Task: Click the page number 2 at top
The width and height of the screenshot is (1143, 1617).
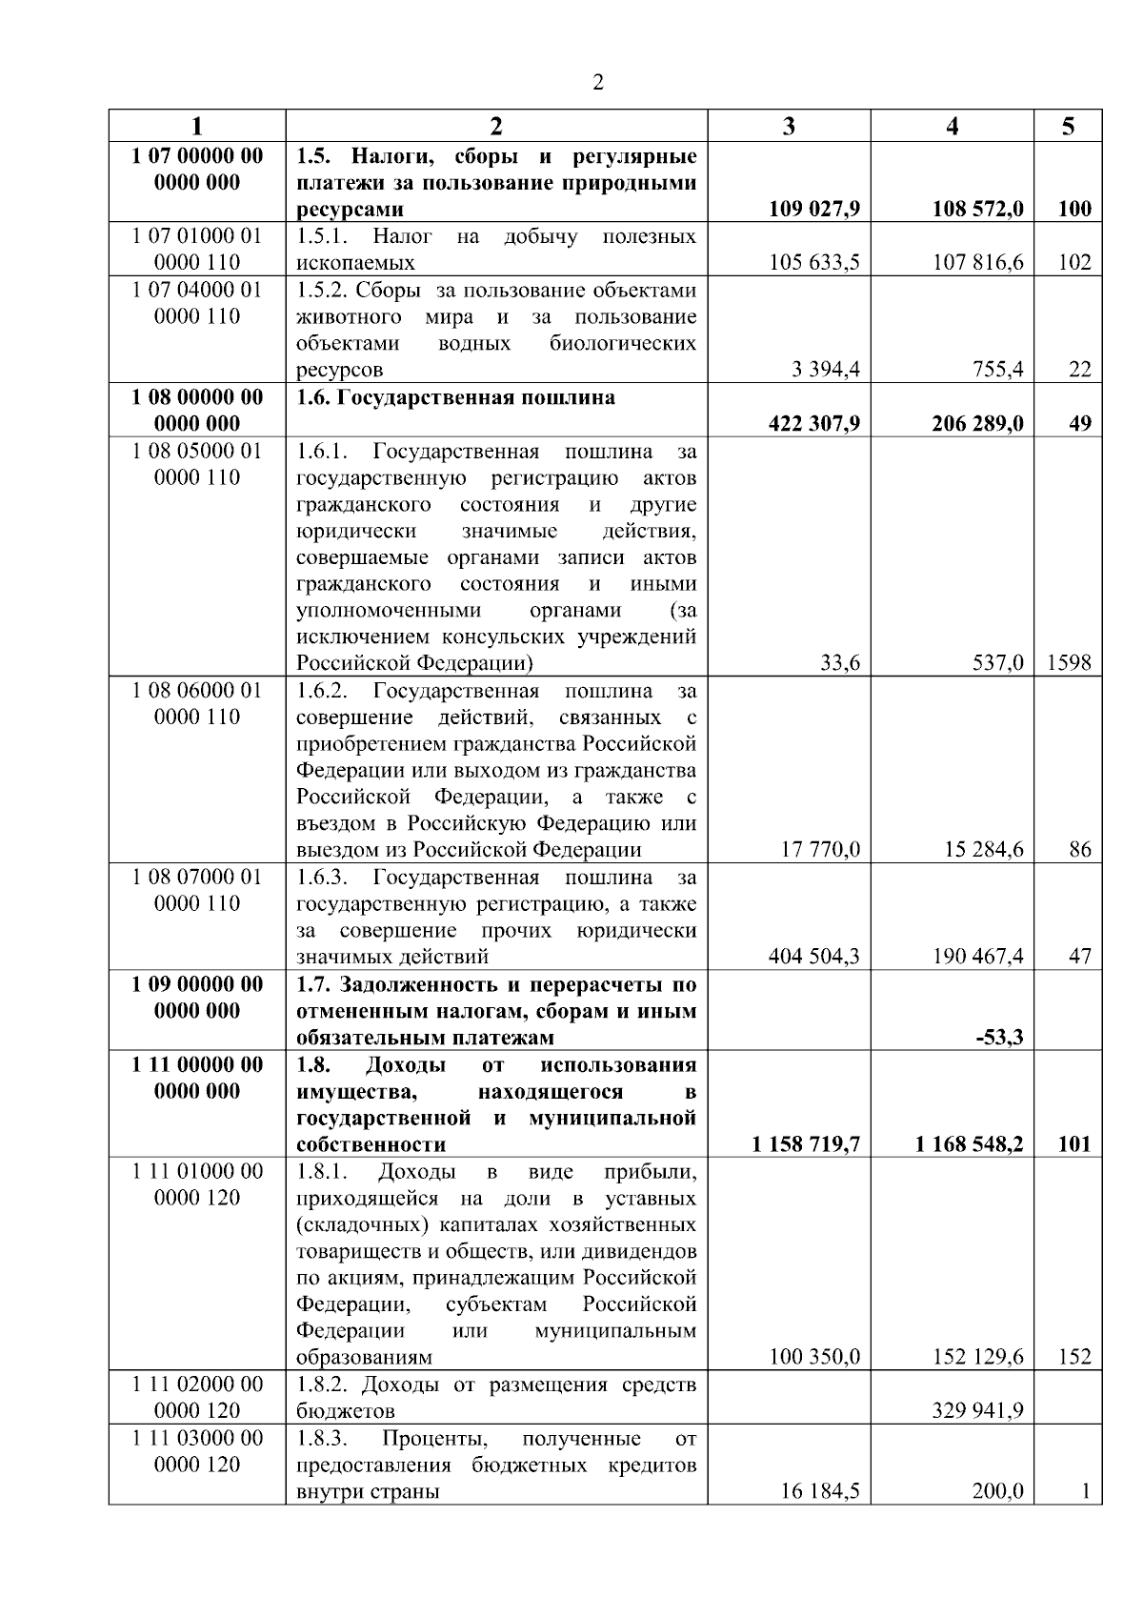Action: (x=598, y=83)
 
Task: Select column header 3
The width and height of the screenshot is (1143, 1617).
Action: (x=789, y=127)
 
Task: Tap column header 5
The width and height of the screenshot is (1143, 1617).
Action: (x=1068, y=127)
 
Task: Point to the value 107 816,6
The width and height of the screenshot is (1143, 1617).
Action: (x=978, y=262)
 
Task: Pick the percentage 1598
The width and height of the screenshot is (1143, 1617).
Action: (x=1069, y=662)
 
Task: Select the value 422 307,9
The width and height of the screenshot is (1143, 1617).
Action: (x=814, y=423)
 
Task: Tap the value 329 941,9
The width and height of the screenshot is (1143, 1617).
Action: (x=978, y=1410)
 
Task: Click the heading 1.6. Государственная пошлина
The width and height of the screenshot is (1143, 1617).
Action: (x=455, y=397)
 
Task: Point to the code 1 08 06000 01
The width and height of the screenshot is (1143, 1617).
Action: (x=196, y=690)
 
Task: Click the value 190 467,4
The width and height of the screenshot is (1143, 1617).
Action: (x=978, y=956)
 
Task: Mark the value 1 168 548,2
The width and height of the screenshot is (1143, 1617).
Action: (x=971, y=1143)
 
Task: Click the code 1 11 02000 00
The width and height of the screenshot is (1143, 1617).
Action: (x=196, y=1384)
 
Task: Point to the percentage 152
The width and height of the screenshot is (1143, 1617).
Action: (x=1074, y=1357)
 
